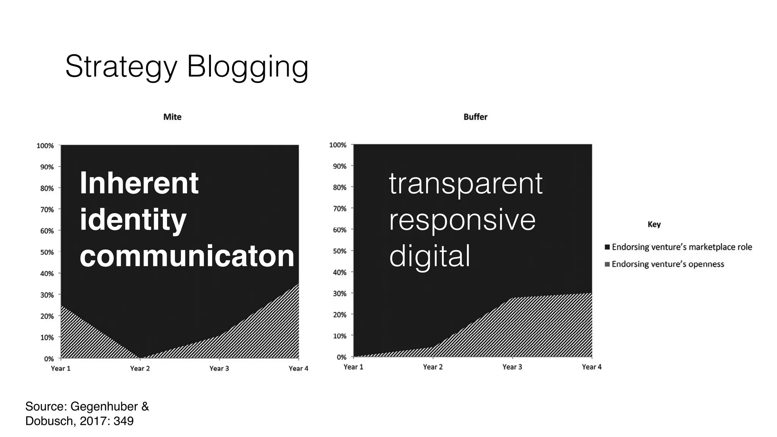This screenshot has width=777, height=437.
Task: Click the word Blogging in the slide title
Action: click(x=247, y=67)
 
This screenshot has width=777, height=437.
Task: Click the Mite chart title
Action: click(x=172, y=117)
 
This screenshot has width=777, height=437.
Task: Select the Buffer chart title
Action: click(x=475, y=117)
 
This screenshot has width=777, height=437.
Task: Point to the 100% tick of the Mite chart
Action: click(x=45, y=146)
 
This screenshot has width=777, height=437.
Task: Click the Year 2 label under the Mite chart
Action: click(x=140, y=368)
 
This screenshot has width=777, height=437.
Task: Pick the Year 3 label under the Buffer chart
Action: click(x=512, y=367)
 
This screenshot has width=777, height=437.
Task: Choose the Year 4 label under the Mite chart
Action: click(x=298, y=368)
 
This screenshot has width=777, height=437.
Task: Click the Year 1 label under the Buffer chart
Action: click(x=353, y=367)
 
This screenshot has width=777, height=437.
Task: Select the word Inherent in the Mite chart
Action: click(x=139, y=183)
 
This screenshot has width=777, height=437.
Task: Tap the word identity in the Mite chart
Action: click(x=133, y=220)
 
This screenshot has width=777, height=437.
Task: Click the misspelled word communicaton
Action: click(x=187, y=256)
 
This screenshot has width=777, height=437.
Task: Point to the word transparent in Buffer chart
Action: click(x=466, y=184)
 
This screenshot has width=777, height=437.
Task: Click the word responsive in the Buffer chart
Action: click(x=462, y=220)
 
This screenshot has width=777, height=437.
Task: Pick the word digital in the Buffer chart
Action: click(x=430, y=256)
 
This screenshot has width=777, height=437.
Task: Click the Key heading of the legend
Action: click(x=654, y=224)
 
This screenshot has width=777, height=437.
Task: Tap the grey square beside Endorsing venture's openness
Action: click(x=607, y=264)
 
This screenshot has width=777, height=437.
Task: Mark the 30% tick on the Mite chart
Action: click(x=47, y=295)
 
